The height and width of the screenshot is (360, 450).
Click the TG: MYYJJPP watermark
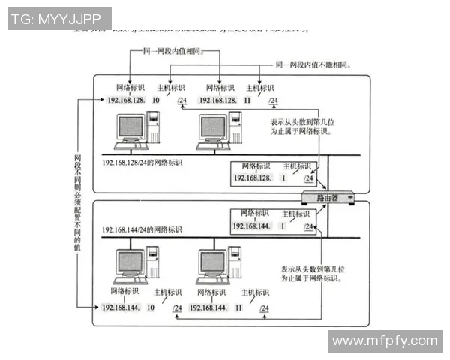coord(59,19)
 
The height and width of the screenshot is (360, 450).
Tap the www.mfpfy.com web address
coord(385,340)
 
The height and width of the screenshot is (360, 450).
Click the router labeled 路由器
coord(328,198)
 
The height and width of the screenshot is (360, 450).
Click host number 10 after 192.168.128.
coord(155,100)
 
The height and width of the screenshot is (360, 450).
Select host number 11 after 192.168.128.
coord(247,100)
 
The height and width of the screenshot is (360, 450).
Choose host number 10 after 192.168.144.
coord(150,307)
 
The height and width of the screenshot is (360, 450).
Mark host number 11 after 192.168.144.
coord(238,307)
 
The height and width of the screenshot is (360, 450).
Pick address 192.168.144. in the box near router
coord(250,226)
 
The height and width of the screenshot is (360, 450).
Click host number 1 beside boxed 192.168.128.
coord(283,178)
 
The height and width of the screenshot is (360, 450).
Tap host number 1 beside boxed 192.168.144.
coord(283,226)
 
